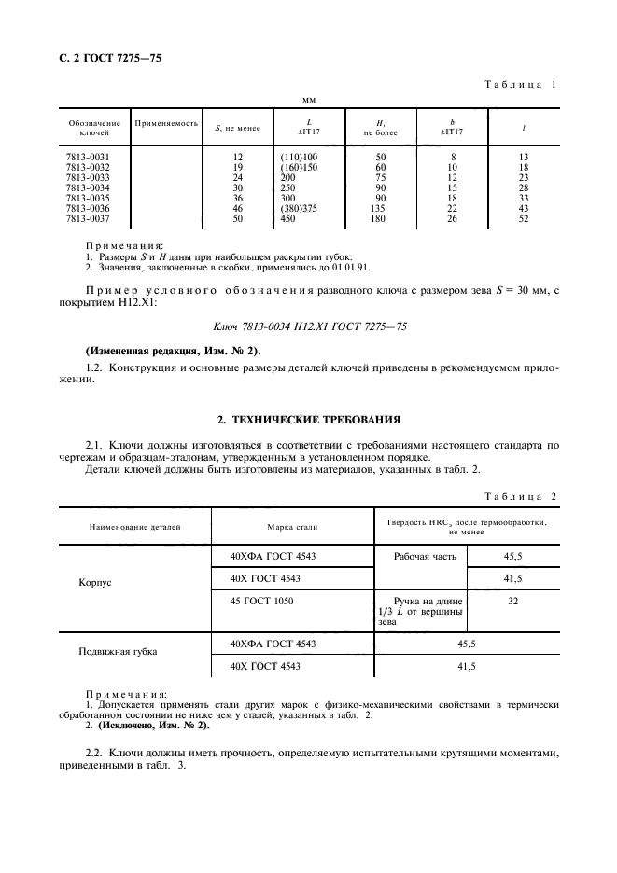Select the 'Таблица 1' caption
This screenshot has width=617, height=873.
pyautogui.click(x=520, y=85)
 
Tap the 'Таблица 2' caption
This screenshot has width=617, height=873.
pyautogui.click(x=520, y=496)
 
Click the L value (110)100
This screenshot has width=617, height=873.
pyautogui.click(x=299, y=158)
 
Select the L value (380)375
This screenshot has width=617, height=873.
pyautogui.click(x=299, y=208)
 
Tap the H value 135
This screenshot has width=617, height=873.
pyautogui.click(x=380, y=208)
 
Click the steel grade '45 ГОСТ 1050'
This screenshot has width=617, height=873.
pyautogui.click(x=263, y=602)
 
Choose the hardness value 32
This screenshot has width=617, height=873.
pyautogui.click(x=512, y=603)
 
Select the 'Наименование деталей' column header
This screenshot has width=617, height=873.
pyautogui.click(x=135, y=527)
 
